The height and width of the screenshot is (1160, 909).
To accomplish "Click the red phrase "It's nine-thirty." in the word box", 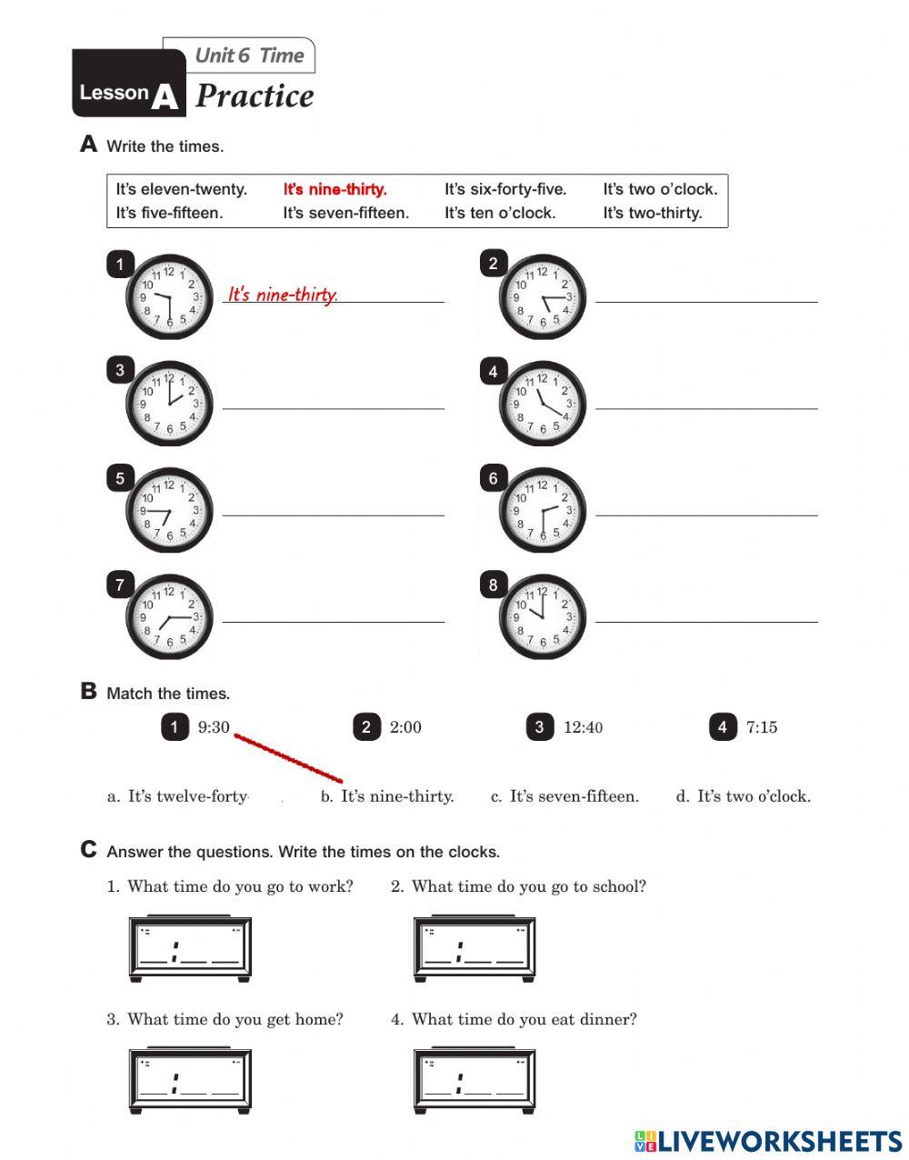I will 335,189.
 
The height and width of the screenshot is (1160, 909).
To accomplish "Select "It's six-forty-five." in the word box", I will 504,189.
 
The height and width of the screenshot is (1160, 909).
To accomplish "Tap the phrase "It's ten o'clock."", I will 499,213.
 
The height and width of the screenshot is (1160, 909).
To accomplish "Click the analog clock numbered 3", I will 169,404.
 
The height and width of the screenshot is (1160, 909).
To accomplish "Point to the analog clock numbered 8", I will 542,616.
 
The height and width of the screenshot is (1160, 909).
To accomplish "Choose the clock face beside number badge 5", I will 169,510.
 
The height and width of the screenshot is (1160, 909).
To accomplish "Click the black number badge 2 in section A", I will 493,264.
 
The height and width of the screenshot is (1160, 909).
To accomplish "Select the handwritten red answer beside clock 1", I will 283,295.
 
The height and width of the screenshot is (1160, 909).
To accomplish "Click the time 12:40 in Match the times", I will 583,727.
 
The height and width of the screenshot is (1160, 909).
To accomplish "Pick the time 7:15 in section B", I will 761,727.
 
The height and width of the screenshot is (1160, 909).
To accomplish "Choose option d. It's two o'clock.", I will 743,796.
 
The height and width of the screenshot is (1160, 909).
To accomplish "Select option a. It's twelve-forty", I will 178,796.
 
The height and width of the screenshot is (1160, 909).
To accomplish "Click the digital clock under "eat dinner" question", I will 474,1082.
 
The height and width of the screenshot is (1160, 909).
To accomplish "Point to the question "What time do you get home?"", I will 235,1019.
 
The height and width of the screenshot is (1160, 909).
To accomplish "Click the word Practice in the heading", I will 255,95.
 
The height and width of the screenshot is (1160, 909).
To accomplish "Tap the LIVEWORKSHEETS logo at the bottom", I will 768,1142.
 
